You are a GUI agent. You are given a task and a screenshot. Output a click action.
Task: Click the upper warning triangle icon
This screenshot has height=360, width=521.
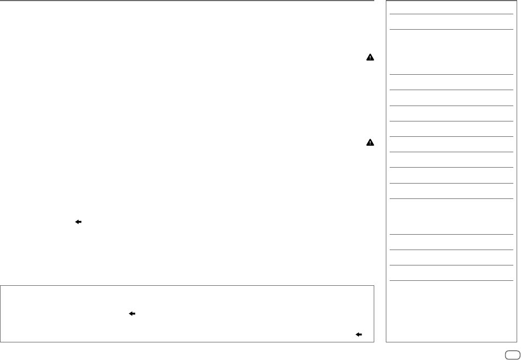[370, 57]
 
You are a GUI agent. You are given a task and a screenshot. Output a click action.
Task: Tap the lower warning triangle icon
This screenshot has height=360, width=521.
[370, 143]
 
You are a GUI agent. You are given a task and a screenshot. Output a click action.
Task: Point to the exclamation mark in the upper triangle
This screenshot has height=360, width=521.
[370, 58]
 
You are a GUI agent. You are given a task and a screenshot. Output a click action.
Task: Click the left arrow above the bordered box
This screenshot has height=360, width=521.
[78, 221]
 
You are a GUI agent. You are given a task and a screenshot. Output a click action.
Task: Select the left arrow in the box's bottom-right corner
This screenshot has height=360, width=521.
[359, 334]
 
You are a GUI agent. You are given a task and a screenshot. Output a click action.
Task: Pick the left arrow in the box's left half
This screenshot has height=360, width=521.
[132, 313]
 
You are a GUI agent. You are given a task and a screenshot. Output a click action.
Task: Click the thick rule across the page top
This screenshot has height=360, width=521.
[187, 1]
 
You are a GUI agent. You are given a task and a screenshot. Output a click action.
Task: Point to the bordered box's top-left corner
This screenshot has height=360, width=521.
[1, 285]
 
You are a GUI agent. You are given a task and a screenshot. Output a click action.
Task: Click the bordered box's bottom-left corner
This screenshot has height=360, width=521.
[1, 342]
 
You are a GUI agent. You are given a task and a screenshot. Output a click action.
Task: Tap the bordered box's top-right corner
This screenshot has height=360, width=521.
[374, 285]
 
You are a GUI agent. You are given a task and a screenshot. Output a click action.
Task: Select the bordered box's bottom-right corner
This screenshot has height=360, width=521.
[374, 342]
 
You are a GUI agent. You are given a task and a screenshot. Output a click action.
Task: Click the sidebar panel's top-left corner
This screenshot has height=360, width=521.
[386, 1]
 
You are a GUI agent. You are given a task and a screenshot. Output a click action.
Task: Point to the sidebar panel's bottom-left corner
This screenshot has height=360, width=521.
[386, 342]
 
